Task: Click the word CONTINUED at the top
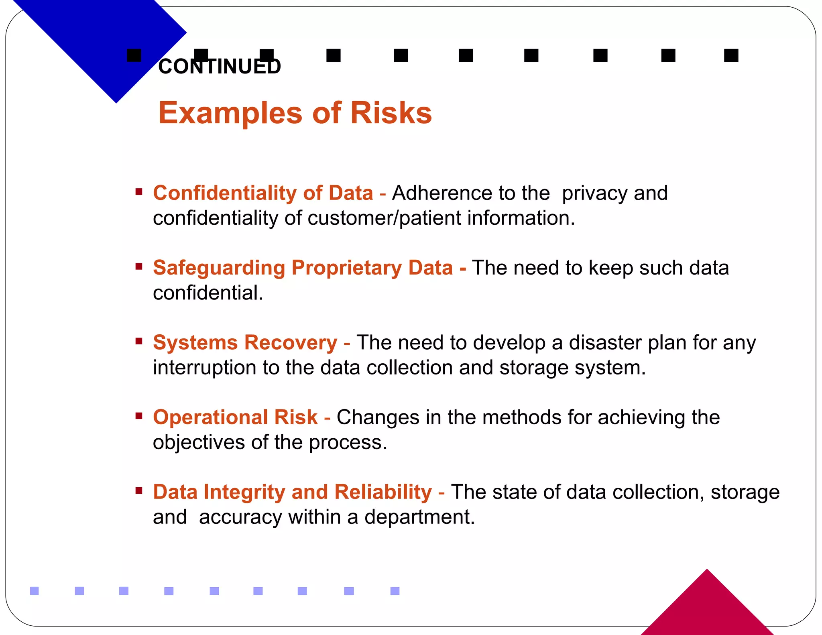pos(219,67)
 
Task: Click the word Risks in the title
pos(391,113)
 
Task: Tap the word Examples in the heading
pos(230,114)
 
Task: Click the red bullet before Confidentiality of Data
pos(139,192)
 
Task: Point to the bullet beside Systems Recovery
pos(139,342)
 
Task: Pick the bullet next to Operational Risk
pos(139,416)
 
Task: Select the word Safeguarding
pos(219,268)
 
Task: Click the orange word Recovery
pos(291,343)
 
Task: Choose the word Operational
pos(210,417)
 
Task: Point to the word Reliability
pos(383,492)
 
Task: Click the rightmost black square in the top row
pos(731,55)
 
